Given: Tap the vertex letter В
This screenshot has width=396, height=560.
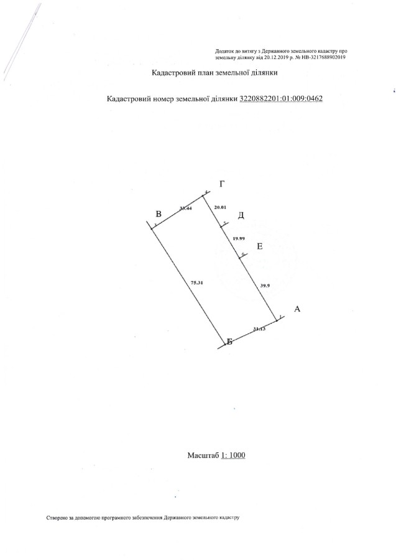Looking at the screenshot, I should coord(159,214).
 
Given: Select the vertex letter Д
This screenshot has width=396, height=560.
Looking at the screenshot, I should coord(241,215).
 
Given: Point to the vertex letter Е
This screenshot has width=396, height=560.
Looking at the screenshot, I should coord(259,246).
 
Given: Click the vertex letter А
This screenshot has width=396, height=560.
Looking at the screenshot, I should coord(297,309).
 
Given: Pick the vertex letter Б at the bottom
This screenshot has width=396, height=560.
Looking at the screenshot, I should coord(229,342).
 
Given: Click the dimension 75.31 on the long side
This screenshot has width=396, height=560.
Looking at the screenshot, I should coord(197,282).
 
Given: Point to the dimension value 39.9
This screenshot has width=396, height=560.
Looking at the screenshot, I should coord(264,285).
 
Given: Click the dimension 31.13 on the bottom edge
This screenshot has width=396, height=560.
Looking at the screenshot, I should coord(259,329).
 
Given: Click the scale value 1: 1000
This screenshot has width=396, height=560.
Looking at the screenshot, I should coord(233,455).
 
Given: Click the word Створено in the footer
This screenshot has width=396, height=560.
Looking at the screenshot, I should coord(57,517).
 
